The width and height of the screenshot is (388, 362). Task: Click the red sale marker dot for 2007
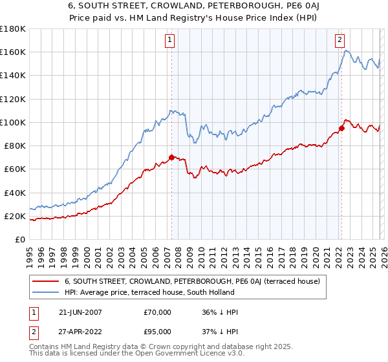171,157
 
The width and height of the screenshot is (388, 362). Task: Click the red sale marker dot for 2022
341,128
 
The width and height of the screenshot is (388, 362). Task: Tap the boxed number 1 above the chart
169,40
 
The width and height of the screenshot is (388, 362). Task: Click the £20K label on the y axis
15,216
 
